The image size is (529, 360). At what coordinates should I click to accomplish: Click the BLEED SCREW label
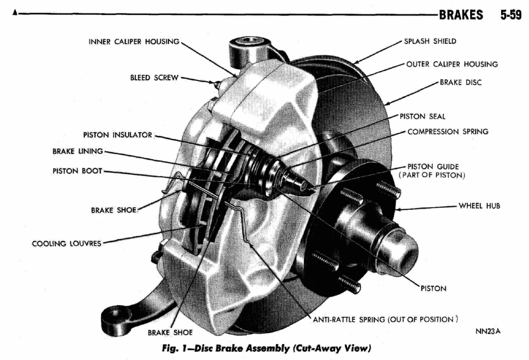tap(154, 77)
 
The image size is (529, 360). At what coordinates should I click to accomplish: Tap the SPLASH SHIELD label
tap(430, 41)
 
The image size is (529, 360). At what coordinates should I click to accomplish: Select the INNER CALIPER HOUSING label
tap(134, 41)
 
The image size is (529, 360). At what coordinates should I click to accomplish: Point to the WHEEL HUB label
tap(479, 206)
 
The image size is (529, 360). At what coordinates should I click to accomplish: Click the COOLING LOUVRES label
tap(67, 243)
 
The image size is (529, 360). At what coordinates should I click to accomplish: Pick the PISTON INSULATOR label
tap(118, 135)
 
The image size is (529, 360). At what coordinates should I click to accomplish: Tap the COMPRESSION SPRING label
tap(448, 132)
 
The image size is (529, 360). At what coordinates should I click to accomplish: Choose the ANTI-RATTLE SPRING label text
tap(385, 320)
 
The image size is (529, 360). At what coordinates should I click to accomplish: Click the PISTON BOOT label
tap(77, 171)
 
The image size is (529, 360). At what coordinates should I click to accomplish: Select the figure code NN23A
tap(488, 331)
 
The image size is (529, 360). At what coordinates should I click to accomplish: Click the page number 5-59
tap(511, 15)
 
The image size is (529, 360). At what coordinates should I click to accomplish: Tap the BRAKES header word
tap(461, 15)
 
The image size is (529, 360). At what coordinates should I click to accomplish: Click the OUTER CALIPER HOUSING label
tap(452, 64)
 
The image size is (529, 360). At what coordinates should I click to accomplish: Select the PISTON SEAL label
tap(423, 116)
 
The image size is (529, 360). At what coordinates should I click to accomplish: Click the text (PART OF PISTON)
tap(431, 175)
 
